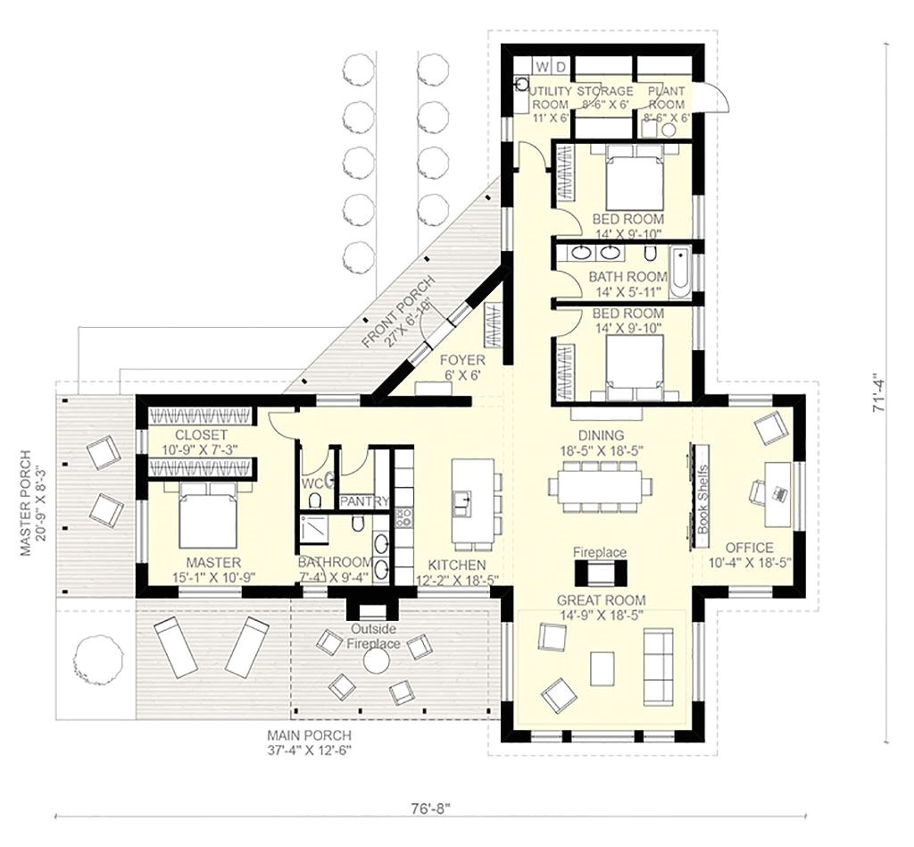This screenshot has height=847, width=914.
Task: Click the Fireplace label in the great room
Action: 599,553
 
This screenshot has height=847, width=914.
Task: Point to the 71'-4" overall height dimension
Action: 881,391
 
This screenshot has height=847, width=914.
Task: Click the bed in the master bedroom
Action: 208,517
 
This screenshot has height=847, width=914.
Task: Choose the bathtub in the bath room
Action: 680,273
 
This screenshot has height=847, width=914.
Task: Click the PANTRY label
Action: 363,501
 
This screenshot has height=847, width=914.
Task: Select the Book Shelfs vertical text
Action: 702,500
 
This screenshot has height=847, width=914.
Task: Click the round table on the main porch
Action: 376,660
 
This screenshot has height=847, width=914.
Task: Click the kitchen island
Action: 472,503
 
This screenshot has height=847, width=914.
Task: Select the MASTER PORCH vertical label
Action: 28,503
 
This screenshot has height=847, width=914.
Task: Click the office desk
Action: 776,492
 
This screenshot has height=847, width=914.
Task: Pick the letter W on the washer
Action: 541,66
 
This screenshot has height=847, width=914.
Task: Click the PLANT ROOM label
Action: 666,97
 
